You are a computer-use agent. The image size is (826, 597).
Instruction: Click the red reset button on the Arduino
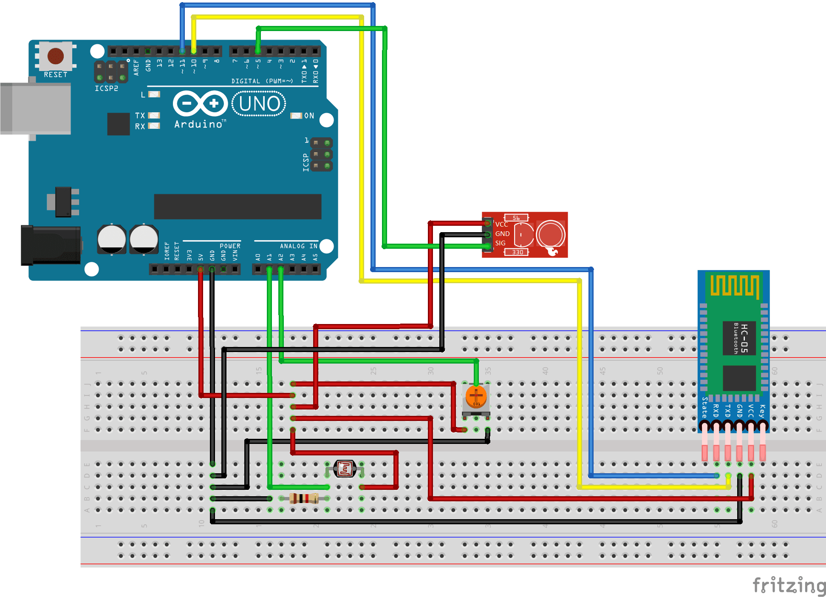tap(56, 56)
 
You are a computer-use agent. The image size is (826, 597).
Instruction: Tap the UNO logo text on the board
tap(259, 104)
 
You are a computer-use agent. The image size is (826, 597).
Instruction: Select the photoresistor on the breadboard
tap(345, 469)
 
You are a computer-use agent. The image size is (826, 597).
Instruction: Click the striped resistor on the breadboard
tap(304, 498)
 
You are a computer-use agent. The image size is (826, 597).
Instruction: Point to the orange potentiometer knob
tap(476, 396)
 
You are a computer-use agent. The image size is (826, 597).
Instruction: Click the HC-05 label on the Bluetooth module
tap(744, 338)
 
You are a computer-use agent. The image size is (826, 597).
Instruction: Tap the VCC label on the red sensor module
tap(501, 225)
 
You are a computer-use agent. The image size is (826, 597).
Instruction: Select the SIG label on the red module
tap(500, 243)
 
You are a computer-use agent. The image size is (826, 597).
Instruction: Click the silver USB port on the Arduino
tap(36, 108)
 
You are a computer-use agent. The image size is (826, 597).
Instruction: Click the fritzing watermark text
tap(789, 586)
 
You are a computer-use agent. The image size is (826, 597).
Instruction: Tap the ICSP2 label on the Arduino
tap(106, 88)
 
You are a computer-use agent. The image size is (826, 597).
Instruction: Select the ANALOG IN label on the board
tap(298, 246)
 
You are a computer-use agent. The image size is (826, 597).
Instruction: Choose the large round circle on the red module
tap(550, 234)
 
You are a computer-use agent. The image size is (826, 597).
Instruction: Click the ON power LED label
tap(309, 116)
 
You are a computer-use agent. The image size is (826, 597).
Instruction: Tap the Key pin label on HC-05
tap(762, 411)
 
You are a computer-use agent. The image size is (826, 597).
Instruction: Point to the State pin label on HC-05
tap(704, 407)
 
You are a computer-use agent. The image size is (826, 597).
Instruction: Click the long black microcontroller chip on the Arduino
tap(238, 207)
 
